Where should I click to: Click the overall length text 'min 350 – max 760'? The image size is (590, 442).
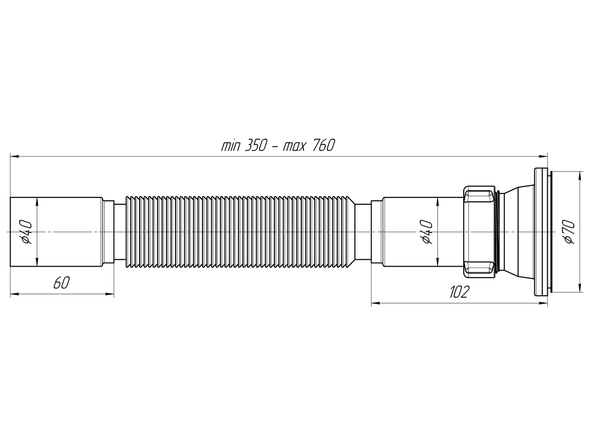(x=278, y=146)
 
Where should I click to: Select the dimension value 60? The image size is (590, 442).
(x=60, y=283)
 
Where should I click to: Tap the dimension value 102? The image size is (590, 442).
(x=459, y=292)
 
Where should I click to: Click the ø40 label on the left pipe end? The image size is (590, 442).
(x=27, y=232)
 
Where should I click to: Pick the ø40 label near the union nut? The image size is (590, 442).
(x=426, y=232)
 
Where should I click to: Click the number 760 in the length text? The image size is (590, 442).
(x=322, y=146)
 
